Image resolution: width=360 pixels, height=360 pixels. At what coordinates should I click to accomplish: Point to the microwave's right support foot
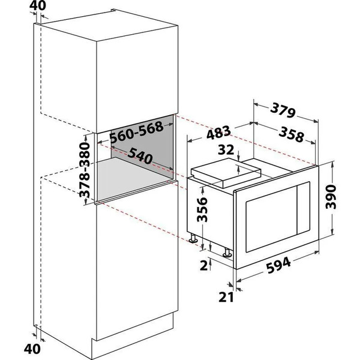(x=228, y=252)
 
